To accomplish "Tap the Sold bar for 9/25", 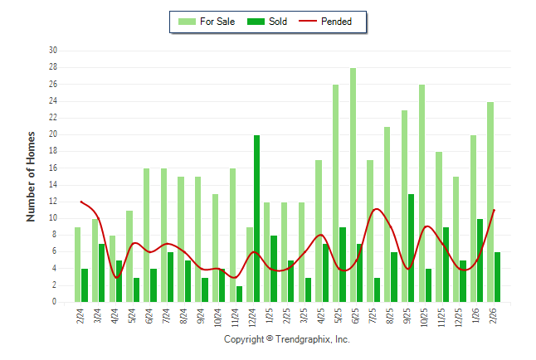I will point(411,248).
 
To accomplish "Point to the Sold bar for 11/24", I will point(240,294).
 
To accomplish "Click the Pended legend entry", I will point(331,22).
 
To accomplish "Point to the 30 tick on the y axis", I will point(52,51).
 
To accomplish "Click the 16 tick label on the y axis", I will point(52,168).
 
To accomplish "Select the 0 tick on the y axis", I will point(54,303).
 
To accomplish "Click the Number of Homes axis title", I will point(32,176).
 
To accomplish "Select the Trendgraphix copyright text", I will point(287,339).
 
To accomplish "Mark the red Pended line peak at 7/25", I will point(376,209).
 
